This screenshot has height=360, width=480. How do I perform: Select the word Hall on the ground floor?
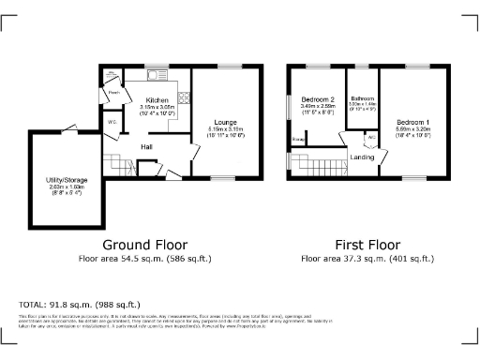click(x=147, y=146)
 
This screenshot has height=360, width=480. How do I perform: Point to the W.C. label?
click(x=112, y=123)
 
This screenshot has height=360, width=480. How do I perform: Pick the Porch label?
click(x=113, y=93)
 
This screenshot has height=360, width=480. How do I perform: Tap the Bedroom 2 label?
click(x=318, y=98)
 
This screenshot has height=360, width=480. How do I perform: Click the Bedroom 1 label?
click(x=412, y=122)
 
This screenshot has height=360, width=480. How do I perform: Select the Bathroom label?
click(x=362, y=97)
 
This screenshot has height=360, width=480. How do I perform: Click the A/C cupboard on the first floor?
click(x=371, y=137)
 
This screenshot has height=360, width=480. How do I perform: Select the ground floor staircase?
click(x=112, y=160)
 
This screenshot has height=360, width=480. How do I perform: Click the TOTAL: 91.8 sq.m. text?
click(x=80, y=305)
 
